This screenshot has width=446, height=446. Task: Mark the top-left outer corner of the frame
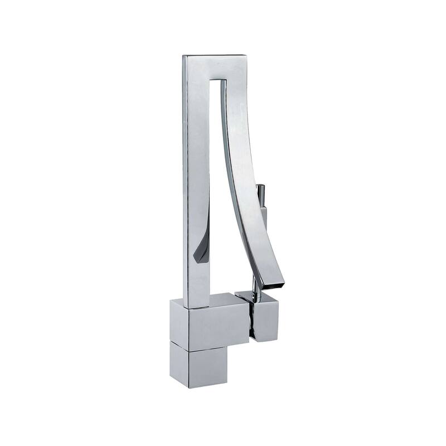click(x=183, y=55)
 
